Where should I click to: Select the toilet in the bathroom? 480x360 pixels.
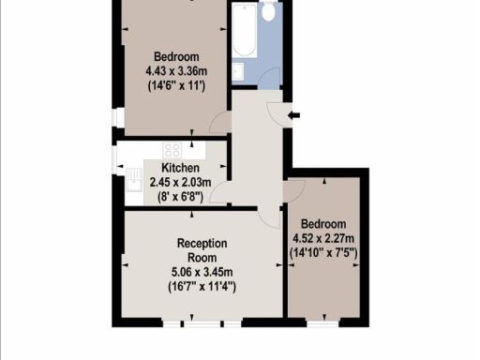268,12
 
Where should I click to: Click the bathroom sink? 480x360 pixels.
240,74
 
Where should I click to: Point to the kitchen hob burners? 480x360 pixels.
173,149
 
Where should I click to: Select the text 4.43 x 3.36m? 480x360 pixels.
174,69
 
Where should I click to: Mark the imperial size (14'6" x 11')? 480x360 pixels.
174,84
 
